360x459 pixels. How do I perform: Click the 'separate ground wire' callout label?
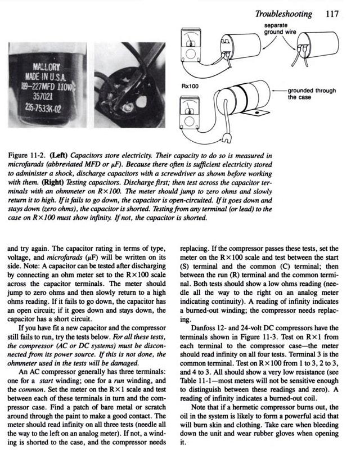281,29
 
